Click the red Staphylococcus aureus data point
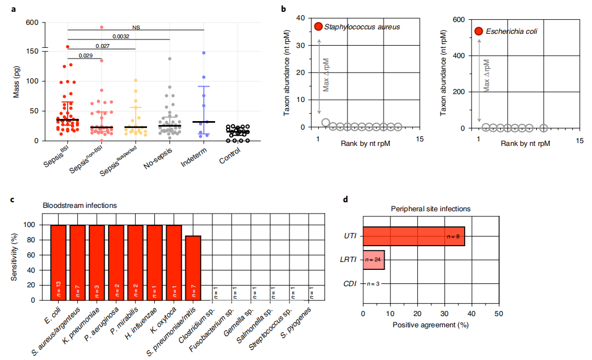click(x=318, y=26)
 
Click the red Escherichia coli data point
click(x=479, y=32)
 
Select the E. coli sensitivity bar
click(x=59, y=262)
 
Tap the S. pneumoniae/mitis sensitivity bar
click(x=193, y=268)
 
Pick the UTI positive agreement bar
click(x=413, y=237)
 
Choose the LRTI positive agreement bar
click(x=373, y=260)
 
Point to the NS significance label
click(x=136, y=26)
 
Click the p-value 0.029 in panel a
click(x=86, y=55)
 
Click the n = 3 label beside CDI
click(x=374, y=284)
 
